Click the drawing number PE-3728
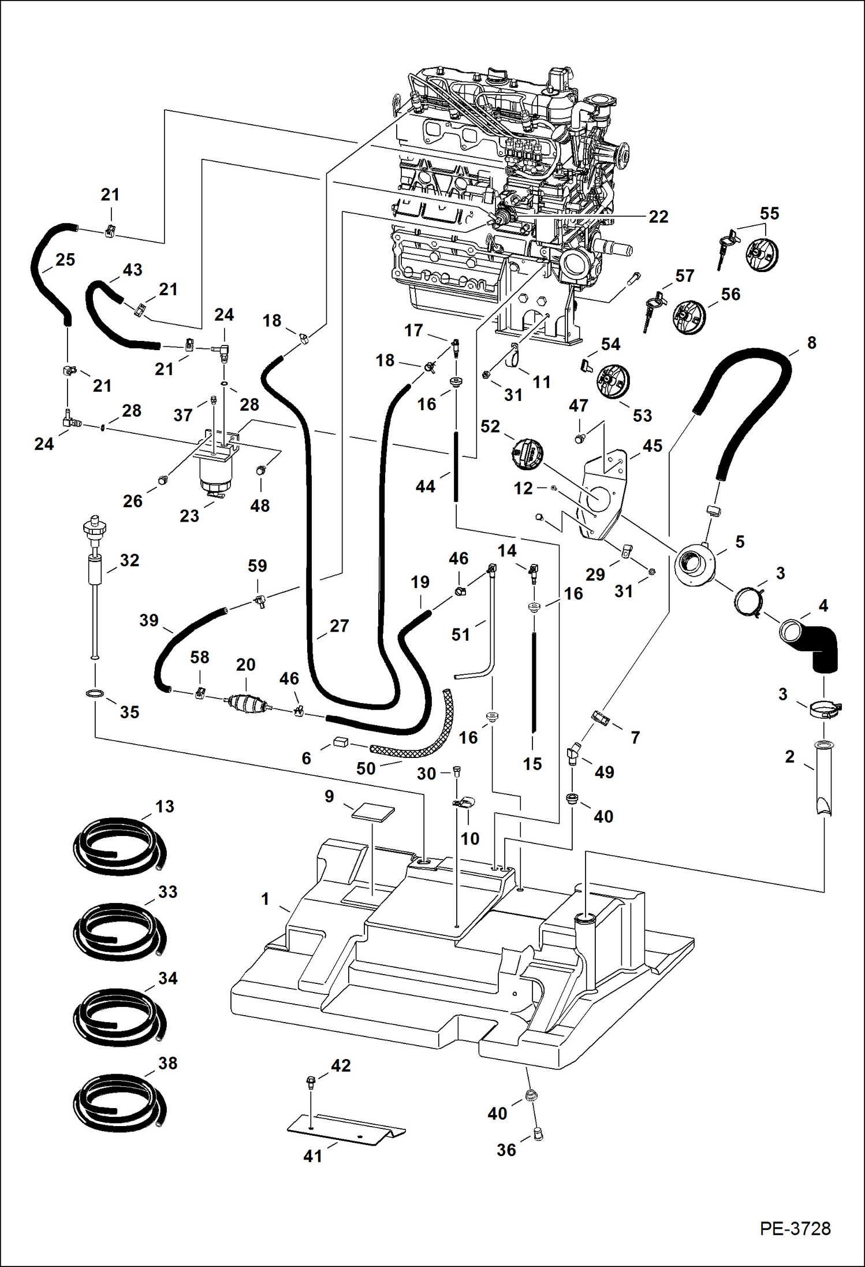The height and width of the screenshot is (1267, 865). tap(795, 1229)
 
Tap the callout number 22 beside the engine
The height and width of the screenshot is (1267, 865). tap(658, 217)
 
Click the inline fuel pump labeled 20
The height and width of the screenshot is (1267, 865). tap(247, 703)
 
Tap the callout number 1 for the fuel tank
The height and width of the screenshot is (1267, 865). tap(265, 898)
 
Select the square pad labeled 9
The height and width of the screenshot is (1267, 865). tap(374, 812)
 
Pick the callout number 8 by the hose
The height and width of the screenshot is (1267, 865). tap(811, 343)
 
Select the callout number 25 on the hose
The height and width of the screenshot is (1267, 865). tap(65, 259)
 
